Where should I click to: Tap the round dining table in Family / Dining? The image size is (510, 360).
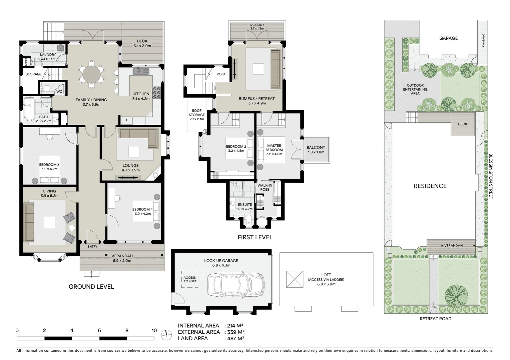[91, 74]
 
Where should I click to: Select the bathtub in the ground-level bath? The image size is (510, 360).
[29, 109]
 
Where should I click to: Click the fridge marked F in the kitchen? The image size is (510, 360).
[126, 121]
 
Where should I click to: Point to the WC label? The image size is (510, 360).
[59, 92]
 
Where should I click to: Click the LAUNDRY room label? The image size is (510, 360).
[48, 55]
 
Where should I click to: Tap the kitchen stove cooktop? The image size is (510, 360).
[157, 93]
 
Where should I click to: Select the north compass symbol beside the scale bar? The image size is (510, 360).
[166, 335]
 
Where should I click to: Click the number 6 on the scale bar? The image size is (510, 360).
[99, 330]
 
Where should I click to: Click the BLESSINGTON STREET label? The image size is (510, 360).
[491, 176]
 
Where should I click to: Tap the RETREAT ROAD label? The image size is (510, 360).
[436, 319]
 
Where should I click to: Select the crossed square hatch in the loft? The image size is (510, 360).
[295, 279]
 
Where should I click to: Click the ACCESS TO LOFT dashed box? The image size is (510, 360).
[190, 279]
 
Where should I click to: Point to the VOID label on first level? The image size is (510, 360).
[220, 74]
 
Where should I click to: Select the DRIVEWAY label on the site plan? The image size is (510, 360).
[483, 41]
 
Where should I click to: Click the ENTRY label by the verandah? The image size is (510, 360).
[92, 246]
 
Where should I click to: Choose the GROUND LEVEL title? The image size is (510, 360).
[91, 287]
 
